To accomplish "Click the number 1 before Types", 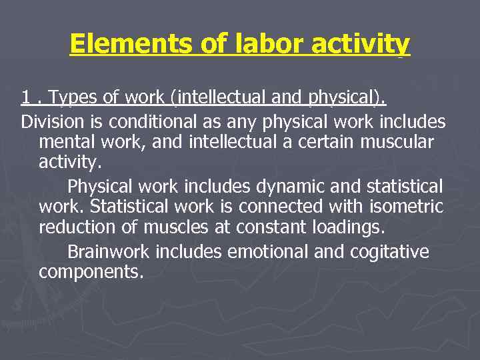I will [x=25, y=99].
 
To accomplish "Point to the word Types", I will [x=73, y=99].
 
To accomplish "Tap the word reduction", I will [x=79, y=228].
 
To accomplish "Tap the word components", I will [x=91, y=273].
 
